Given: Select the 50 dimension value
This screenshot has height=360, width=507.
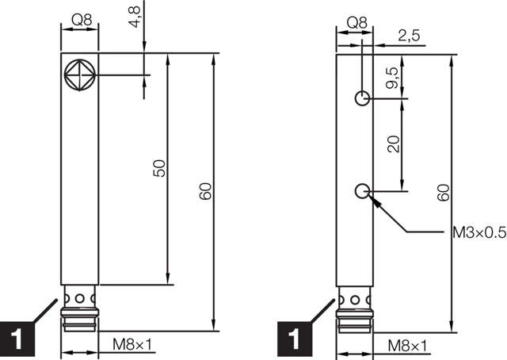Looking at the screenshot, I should [158, 168].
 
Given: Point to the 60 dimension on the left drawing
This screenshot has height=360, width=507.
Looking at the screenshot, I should [205, 191].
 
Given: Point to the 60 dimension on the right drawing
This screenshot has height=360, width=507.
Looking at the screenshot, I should [442, 192].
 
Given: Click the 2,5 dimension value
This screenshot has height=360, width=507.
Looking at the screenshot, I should [408, 36].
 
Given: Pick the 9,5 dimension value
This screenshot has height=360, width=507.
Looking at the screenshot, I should [392, 78].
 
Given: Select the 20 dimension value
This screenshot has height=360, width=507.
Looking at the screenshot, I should [394, 144].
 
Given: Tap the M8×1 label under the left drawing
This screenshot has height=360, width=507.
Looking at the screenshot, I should [132, 346].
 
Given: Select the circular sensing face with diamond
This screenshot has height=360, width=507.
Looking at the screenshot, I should [80, 75].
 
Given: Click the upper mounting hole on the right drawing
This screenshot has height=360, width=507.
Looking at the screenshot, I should [362, 98].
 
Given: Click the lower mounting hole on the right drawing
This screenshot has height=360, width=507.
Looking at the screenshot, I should [362, 190].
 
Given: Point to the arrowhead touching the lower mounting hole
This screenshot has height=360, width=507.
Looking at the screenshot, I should [374, 201].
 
